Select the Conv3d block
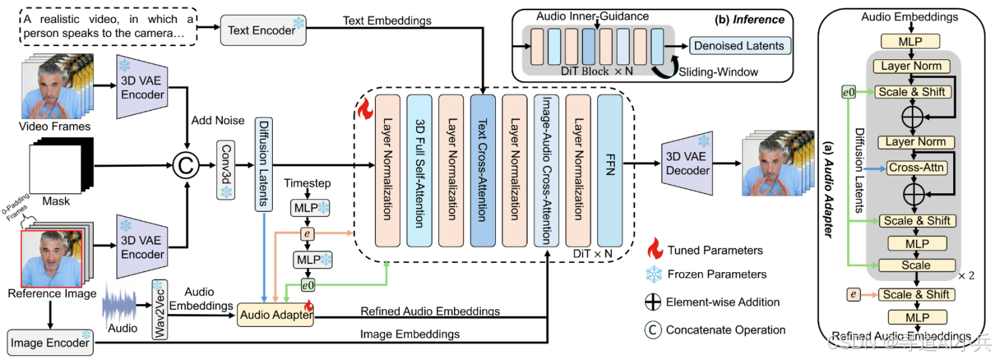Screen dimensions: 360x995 click(x=226, y=170)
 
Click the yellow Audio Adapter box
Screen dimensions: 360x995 click(x=275, y=314)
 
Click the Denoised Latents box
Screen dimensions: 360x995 click(x=738, y=46)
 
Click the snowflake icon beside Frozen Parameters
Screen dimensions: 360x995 click(x=654, y=274)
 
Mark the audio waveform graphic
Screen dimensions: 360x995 click(x=122, y=309)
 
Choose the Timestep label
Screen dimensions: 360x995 click(x=307, y=184)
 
